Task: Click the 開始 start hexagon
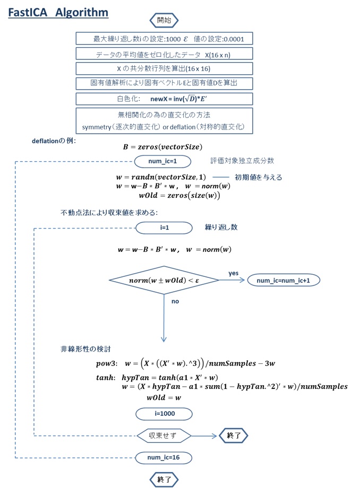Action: (164, 21)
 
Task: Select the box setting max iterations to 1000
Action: (164, 39)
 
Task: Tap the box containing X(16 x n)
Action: (164, 54)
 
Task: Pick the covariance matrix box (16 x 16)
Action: (164, 69)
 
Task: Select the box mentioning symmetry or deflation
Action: (164, 120)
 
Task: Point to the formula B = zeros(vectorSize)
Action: (162, 147)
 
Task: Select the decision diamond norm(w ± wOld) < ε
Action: (164, 280)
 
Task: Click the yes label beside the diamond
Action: (233, 273)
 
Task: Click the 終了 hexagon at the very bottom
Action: (164, 479)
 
